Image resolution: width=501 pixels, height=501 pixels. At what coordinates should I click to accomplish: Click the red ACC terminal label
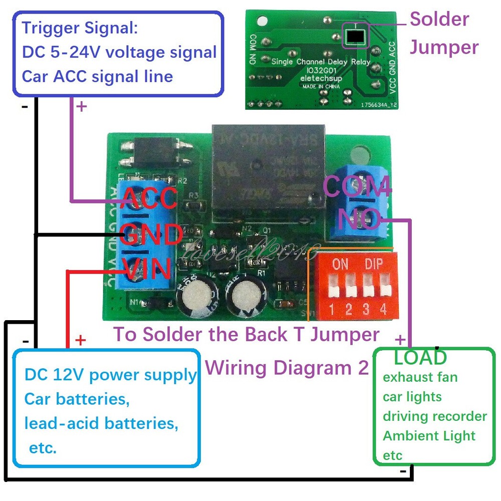point(148,198)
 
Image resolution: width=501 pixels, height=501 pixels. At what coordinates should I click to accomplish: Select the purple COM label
point(357,186)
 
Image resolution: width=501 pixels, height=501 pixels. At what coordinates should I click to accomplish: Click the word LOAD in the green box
point(420,357)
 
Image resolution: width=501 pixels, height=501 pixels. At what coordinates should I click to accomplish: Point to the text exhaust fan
point(420,377)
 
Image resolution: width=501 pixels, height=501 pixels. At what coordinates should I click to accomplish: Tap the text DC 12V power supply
point(110,375)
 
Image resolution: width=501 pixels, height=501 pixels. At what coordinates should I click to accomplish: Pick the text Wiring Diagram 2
point(287,368)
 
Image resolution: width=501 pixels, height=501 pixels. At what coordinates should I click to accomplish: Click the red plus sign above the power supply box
point(81,341)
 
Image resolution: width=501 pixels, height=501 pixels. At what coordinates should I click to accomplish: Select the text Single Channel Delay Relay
point(320,62)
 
